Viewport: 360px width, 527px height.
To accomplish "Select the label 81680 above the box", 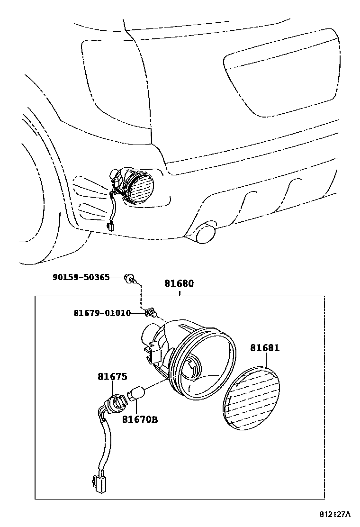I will tap(179, 283).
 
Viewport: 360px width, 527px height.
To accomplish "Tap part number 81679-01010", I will tap(102, 313).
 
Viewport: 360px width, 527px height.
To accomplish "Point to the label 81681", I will tap(265, 348).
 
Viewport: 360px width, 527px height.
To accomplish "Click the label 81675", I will tap(112, 377).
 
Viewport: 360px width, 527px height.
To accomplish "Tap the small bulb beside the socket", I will tap(137, 393).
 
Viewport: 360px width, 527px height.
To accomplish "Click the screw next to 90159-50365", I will tap(128, 278).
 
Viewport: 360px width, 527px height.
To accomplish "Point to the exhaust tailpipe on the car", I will tap(205, 233).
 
